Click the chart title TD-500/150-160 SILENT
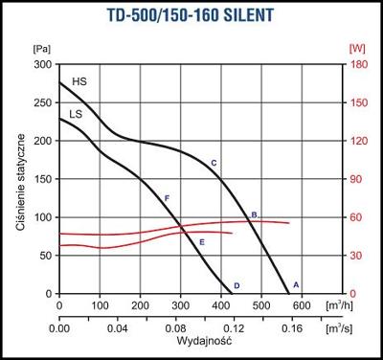pyautogui.click(x=191, y=17)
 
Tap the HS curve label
pyautogui.click(x=79, y=82)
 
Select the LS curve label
pyautogui.click(x=75, y=113)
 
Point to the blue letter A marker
pyautogui.click(x=296, y=284)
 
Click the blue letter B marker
pyautogui.click(x=254, y=214)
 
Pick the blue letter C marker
pyautogui.click(x=214, y=164)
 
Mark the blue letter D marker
pyautogui.click(x=237, y=285)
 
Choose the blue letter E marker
pyautogui.click(x=202, y=242)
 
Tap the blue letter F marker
pyautogui.click(x=167, y=197)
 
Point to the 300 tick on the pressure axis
pyautogui.click(x=43, y=64)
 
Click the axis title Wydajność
pyautogui.click(x=195, y=342)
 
